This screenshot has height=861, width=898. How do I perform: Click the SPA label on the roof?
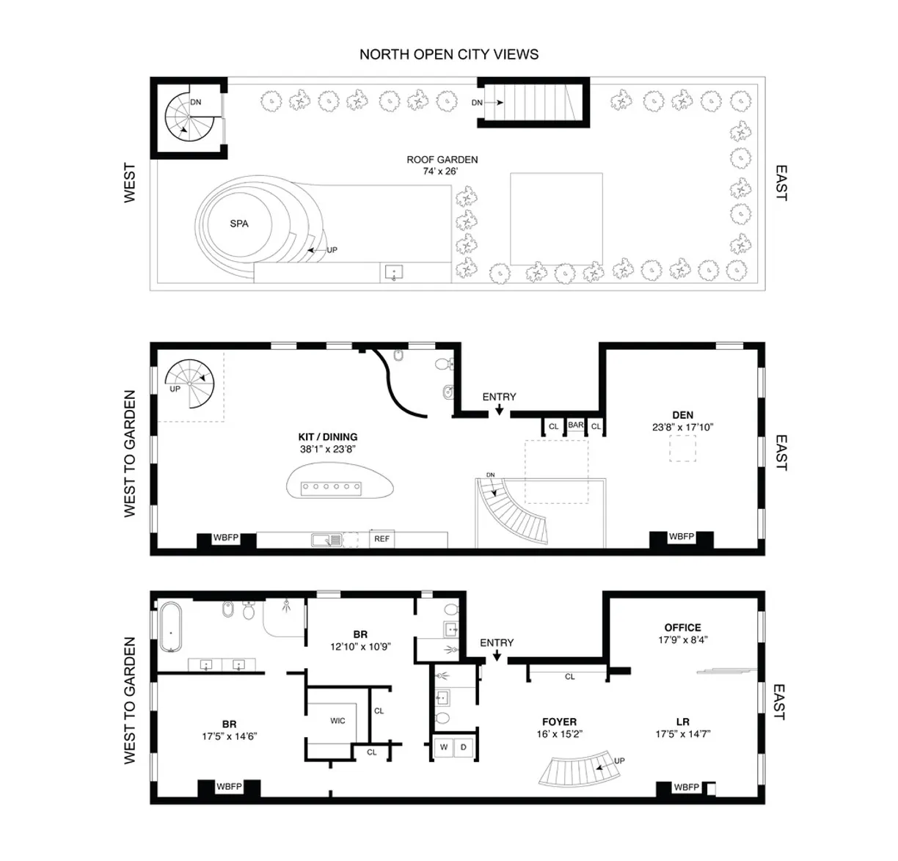pos(239,224)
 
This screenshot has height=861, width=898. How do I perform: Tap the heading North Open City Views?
pos(449,54)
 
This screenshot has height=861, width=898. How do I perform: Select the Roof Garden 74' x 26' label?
pos(442,165)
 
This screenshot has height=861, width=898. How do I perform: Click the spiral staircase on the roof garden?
pos(186,120)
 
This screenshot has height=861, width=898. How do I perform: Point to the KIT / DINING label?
pos(328,443)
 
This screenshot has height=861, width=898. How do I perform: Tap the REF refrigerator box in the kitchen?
pos(382,539)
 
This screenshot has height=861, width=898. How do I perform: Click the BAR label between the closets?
pos(576,425)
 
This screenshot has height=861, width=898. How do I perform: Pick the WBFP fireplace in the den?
pos(682,538)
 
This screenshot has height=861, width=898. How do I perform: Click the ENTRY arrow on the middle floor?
pos(499,411)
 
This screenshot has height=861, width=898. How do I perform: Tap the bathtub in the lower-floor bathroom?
pos(170,628)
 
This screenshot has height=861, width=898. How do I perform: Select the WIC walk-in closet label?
pos(337,721)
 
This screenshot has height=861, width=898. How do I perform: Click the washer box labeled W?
pos(444,747)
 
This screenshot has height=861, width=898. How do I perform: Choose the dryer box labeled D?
pos(464,747)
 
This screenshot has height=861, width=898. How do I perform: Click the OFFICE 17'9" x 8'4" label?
pos(682,634)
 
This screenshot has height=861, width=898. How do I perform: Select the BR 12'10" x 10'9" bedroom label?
pos(360,640)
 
